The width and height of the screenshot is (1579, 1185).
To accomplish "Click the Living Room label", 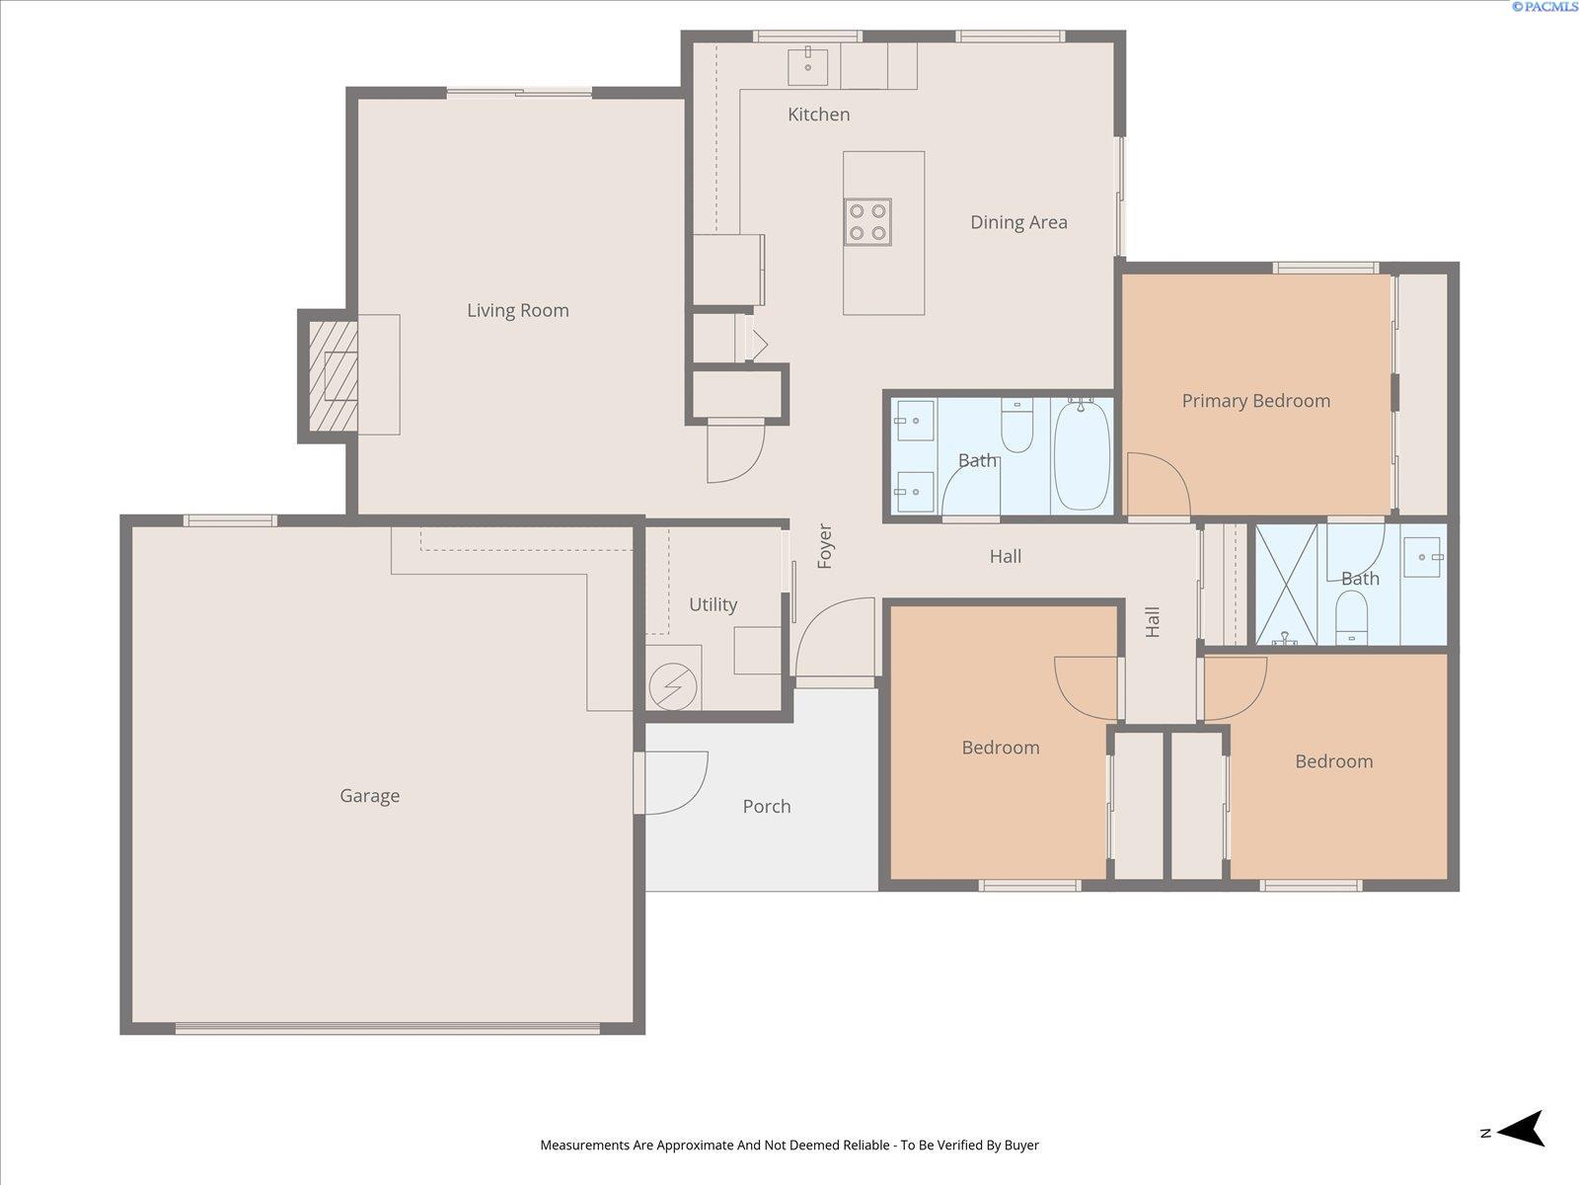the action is pos(517,311).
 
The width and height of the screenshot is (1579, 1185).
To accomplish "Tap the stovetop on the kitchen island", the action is pos(867,221).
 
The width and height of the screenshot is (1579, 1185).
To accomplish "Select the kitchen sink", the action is pos(807,66).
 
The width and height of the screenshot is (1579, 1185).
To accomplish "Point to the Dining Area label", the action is pos(1018,222).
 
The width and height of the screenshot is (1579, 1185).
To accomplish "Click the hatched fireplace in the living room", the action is pos(333,375).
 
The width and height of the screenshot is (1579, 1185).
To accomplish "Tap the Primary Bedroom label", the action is pos(1256,401).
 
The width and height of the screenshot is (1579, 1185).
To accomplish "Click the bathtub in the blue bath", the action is pos(1082,456).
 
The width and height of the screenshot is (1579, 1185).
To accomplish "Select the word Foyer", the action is pos(824,546).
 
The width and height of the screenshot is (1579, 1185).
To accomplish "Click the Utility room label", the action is pos(713,604).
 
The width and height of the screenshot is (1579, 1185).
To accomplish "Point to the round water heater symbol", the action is pos(673,686).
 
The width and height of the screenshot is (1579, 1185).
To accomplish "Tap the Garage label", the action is pos(370,796).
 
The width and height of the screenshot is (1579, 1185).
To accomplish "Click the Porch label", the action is pos(767,807).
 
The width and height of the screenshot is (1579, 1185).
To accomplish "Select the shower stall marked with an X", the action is pos(1286,585).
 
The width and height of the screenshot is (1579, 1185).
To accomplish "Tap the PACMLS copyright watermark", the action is pos(1544,7).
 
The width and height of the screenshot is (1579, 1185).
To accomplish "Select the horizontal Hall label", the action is pos(1005,556).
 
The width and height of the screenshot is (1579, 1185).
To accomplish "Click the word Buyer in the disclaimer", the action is pos(1021,1145).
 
